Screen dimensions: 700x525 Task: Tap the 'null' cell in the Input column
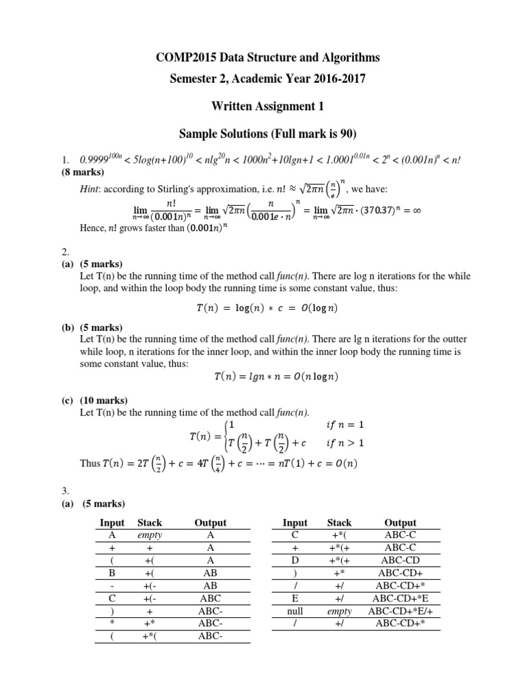tap(295, 611)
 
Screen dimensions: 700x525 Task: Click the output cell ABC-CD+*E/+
tap(400, 611)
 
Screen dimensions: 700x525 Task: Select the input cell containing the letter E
tap(295, 598)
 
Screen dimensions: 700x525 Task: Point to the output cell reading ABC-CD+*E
tap(400, 598)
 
